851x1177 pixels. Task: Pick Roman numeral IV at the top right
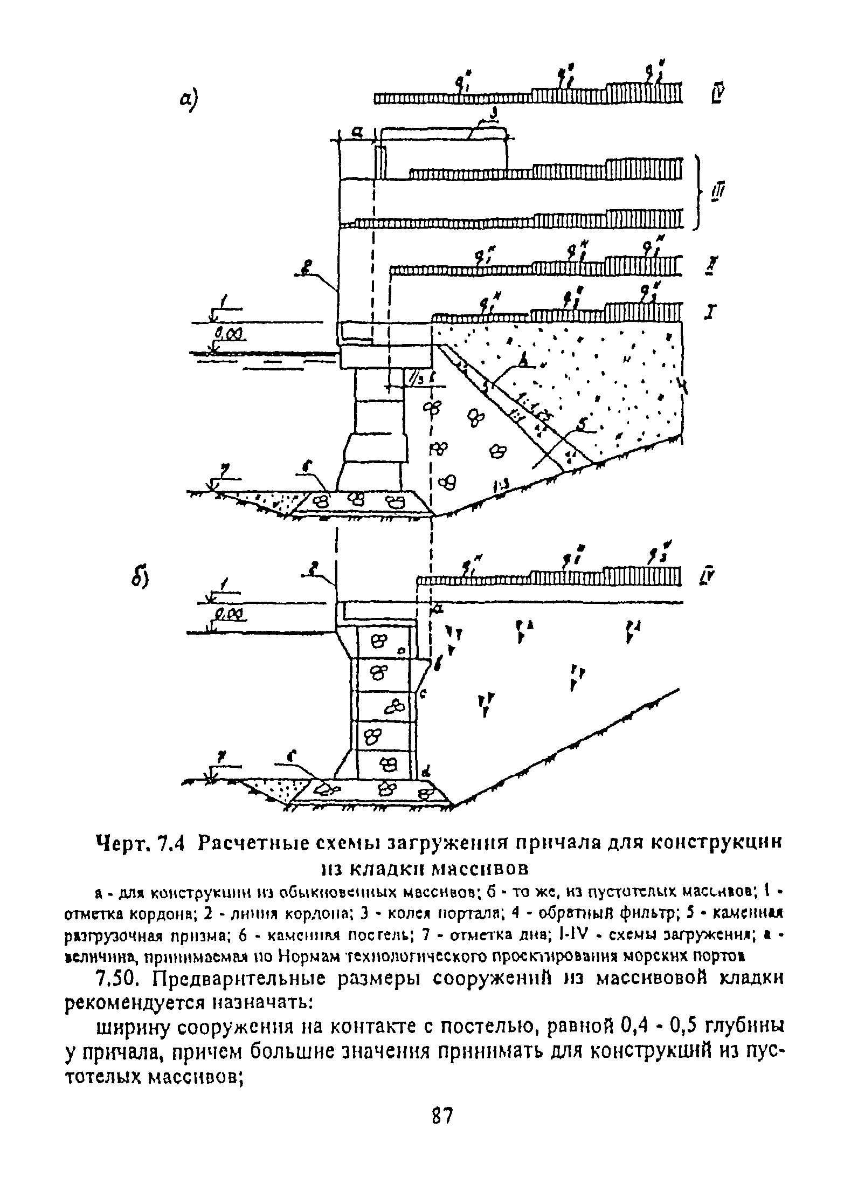(x=717, y=95)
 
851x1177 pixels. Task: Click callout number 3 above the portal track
(x=493, y=113)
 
